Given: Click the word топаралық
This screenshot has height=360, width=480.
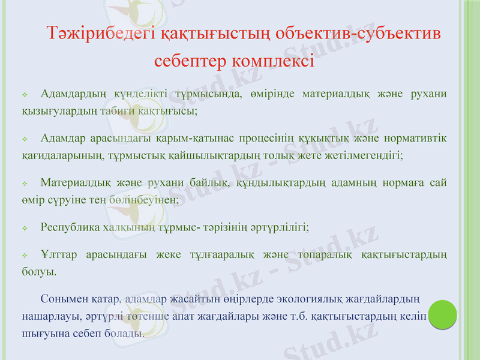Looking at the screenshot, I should tap(328, 255).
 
